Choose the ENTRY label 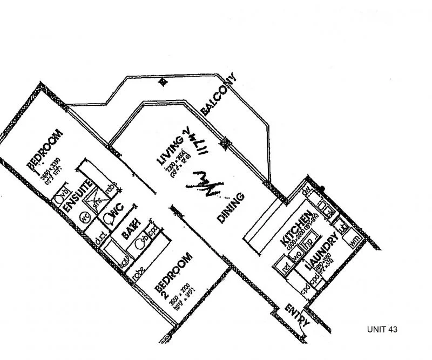pos(296,315)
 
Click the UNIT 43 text pos(383,329)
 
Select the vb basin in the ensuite pos(64,193)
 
